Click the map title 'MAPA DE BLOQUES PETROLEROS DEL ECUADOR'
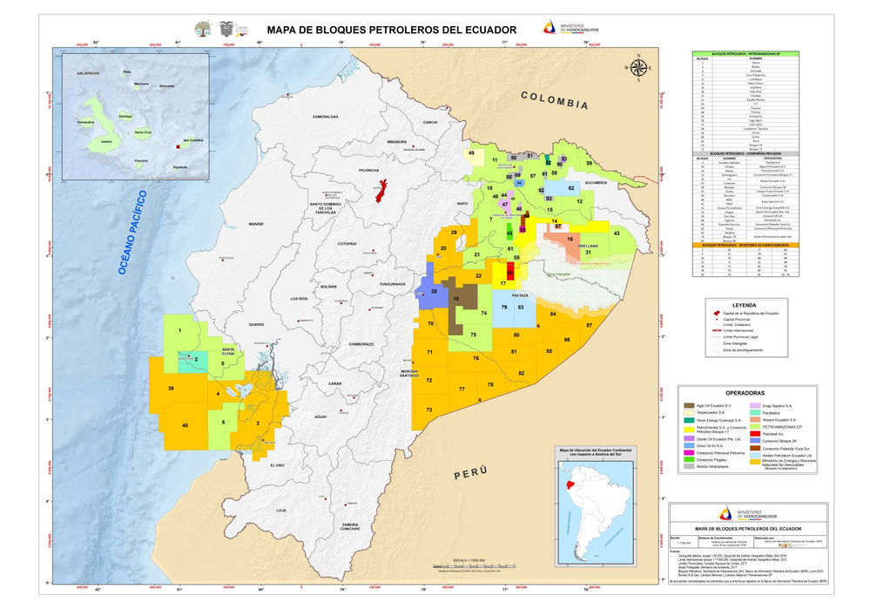tap(391, 30)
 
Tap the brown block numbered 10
tap(456, 299)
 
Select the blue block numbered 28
tap(433, 291)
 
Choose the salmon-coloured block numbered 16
tap(570, 239)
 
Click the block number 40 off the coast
tap(184, 424)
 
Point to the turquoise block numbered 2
tap(196, 359)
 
